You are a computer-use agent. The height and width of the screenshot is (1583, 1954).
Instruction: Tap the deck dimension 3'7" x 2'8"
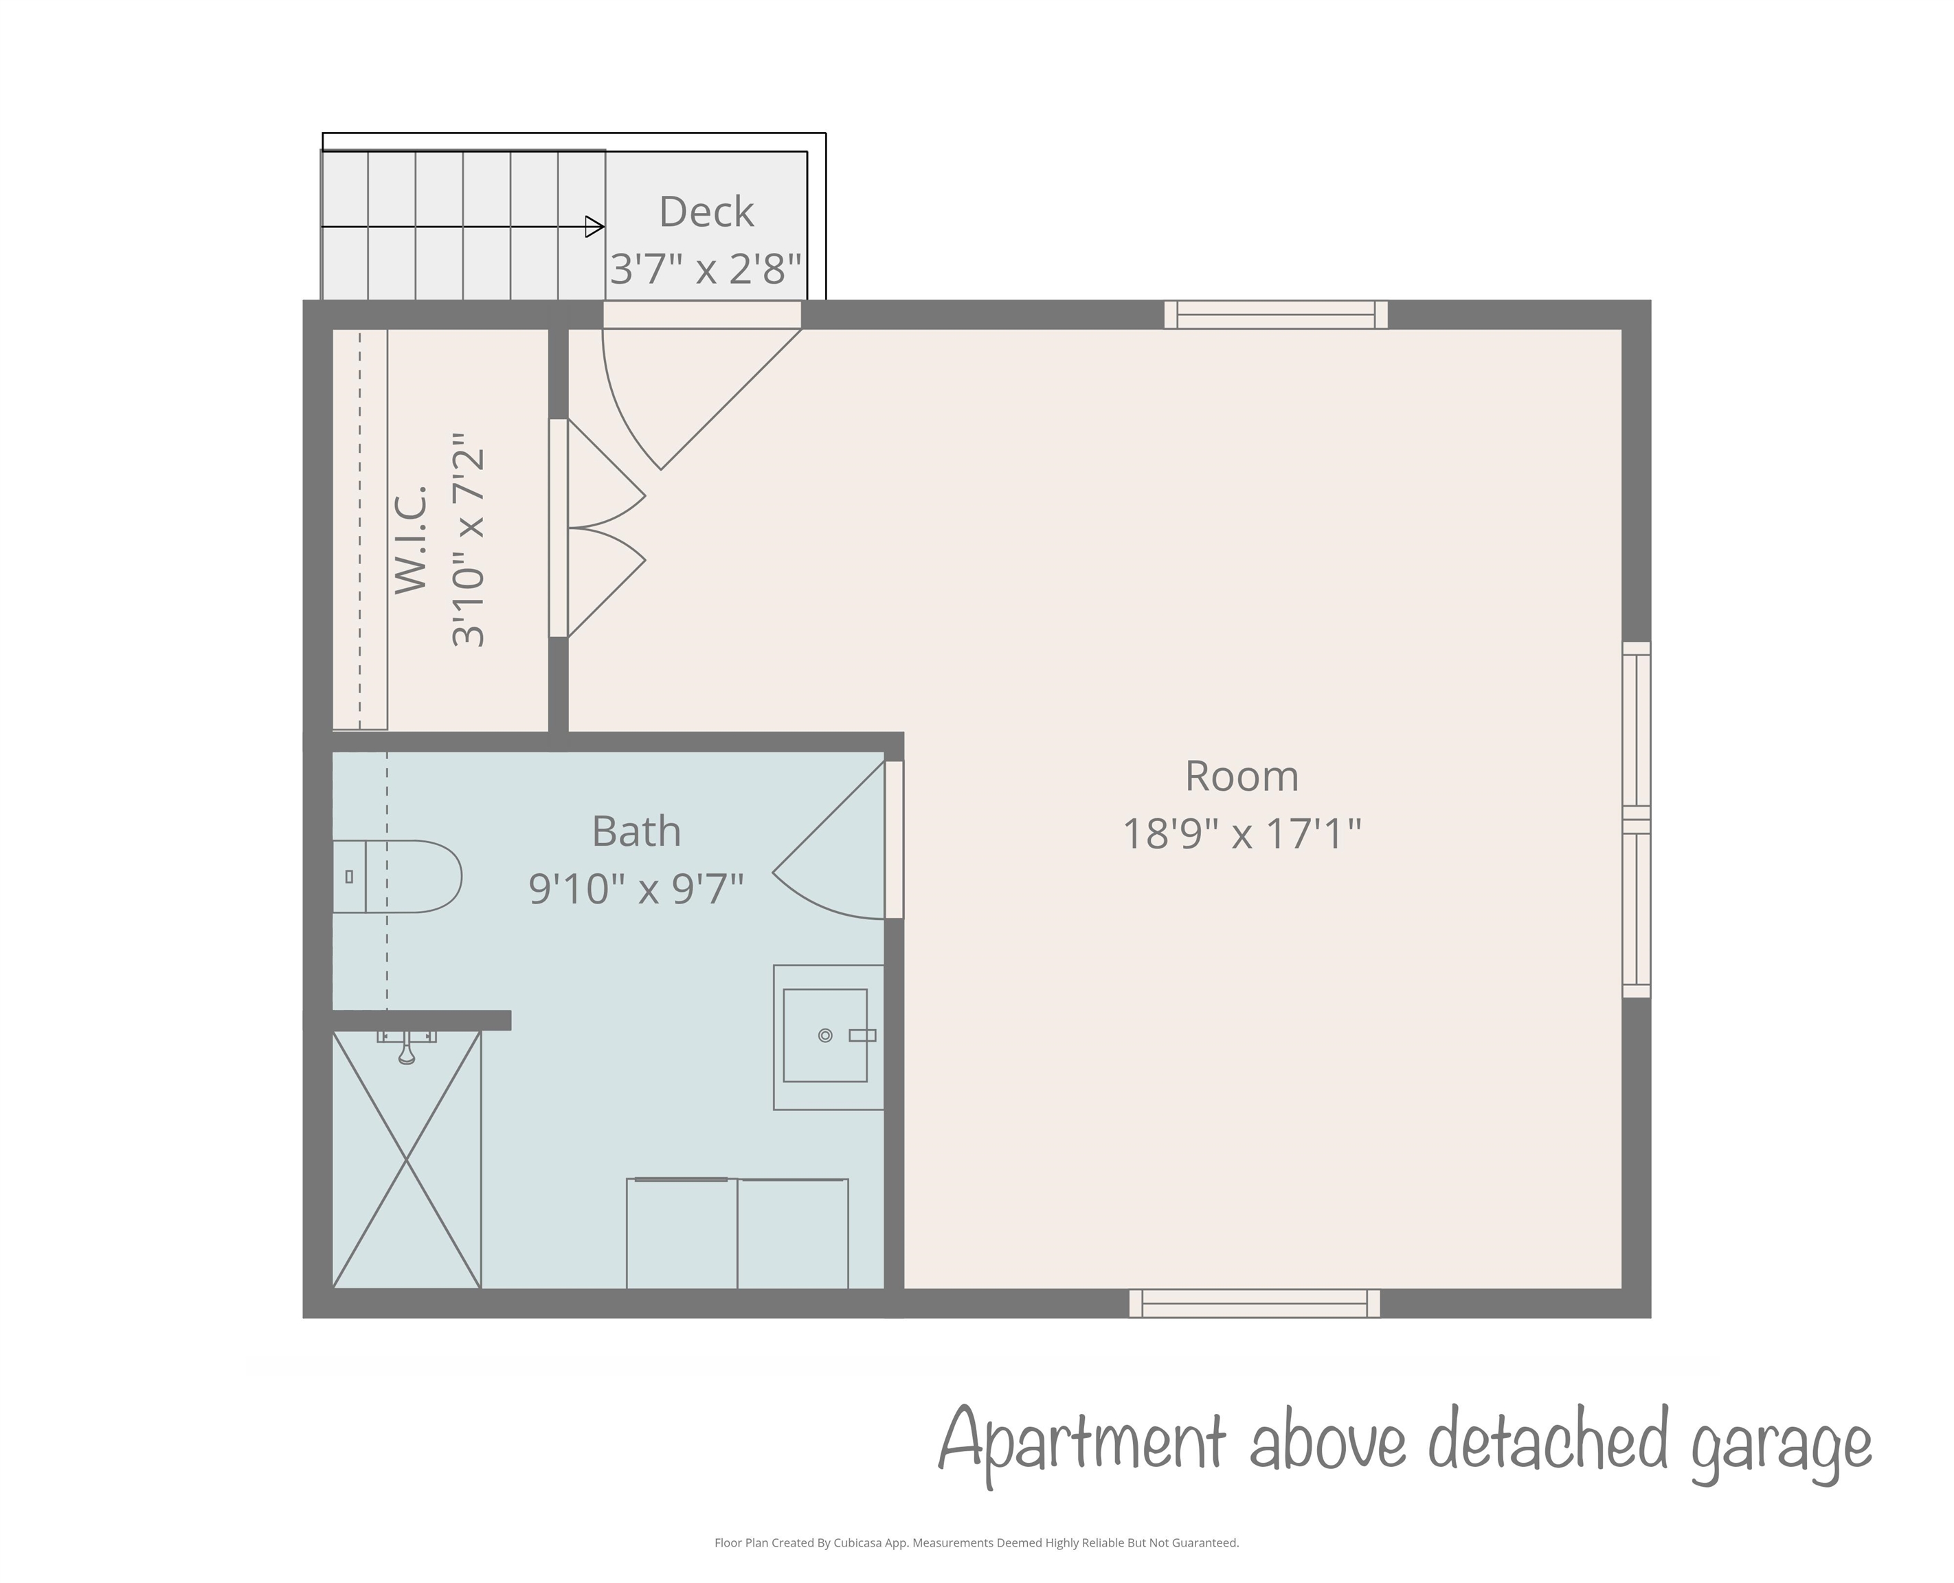pos(706,269)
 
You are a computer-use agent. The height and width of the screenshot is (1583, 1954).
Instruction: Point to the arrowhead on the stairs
pos(594,226)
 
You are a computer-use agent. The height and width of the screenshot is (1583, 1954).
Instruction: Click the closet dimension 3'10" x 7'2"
pos(469,541)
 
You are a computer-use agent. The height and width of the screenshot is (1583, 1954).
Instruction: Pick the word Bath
pos(636,831)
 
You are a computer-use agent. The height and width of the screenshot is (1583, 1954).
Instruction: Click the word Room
pos(1242,776)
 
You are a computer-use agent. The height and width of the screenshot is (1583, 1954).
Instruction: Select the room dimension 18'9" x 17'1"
pos(1242,833)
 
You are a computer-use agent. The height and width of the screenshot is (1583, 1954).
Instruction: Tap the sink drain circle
pos(825,1035)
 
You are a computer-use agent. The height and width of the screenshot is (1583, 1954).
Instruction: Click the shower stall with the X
pos(407,1159)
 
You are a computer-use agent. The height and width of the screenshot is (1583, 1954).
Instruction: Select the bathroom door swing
pos(828,840)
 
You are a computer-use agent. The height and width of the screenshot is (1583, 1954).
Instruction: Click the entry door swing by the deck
pos(702,398)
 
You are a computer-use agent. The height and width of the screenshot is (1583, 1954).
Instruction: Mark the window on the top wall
pos(1277,315)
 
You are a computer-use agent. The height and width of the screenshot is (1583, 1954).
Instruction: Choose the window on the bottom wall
pos(1255,1303)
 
